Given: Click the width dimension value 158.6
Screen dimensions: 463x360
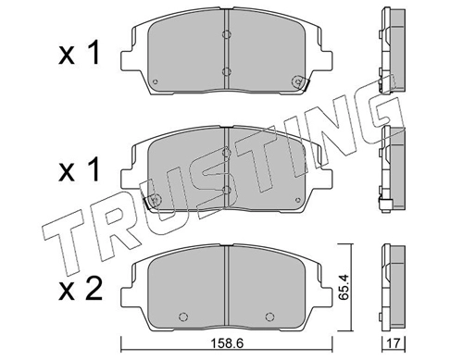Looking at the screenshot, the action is click(x=227, y=342).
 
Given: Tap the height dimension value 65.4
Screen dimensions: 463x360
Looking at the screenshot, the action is click(x=344, y=287).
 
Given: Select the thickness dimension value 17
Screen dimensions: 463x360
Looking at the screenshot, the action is click(x=394, y=342).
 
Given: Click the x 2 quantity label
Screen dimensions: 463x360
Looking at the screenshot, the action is click(x=81, y=289).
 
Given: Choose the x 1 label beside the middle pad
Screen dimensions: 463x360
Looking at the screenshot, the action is click(x=80, y=169).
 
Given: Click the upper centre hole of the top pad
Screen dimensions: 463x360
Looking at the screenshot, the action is click(x=227, y=34).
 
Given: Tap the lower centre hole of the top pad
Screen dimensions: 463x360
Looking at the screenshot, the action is click(x=227, y=71).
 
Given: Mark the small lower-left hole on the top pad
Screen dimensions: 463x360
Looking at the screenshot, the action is click(x=156, y=81).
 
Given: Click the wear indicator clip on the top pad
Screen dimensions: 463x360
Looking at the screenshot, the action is click(x=300, y=82).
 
